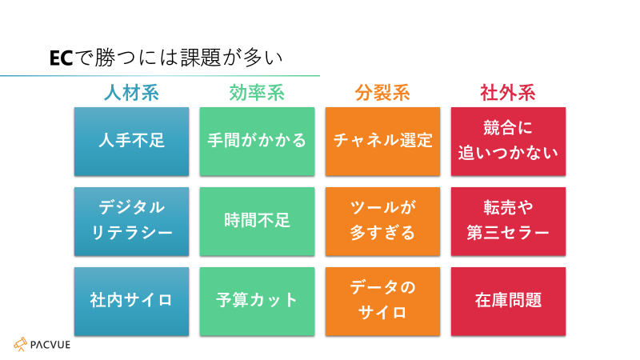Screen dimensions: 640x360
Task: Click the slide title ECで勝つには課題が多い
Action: [166, 58]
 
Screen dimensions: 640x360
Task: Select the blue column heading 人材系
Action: [131, 93]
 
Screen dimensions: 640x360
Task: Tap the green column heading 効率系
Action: [257, 93]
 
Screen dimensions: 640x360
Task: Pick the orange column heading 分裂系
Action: [382, 93]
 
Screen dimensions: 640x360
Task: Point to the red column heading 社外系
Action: [508, 93]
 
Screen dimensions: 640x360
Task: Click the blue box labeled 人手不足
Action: [131, 142]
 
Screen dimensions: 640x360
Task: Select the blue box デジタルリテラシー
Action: [131, 222]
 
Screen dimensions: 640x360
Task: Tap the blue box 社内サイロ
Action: [131, 302]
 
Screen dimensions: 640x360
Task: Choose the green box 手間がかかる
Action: [257, 142]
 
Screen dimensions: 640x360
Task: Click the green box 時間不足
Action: [257, 222]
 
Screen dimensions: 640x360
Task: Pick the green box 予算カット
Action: [257, 302]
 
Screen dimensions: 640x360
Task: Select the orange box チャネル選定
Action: [383, 142]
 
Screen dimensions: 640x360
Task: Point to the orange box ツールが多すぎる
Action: [383, 222]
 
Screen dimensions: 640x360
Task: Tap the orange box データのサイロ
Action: [383, 302]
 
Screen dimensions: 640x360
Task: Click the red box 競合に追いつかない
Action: [508, 142]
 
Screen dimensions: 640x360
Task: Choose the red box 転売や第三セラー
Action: [508, 222]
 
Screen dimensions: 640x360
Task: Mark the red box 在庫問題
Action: [508, 302]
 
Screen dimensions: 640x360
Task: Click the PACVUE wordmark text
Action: [50, 345]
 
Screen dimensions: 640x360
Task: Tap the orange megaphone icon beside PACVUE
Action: [21, 345]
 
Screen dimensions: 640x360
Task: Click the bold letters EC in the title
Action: [62, 58]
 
